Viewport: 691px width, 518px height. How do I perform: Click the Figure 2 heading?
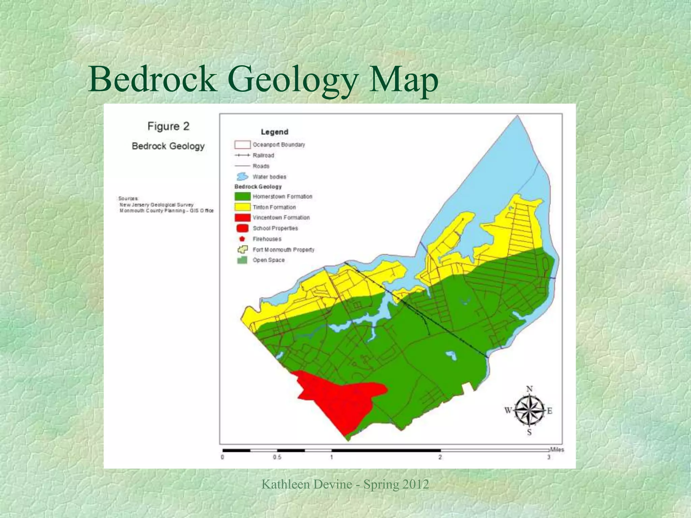point(168,126)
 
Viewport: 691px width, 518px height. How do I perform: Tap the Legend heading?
point(274,132)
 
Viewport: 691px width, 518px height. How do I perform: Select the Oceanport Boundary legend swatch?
point(242,145)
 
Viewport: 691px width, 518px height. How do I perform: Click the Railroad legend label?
point(263,155)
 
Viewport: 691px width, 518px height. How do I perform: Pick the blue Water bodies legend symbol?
point(242,177)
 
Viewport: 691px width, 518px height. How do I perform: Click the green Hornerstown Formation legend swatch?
point(242,197)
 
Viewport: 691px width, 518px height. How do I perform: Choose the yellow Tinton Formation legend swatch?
point(242,207)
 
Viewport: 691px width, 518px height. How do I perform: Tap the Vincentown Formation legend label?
point(281,218)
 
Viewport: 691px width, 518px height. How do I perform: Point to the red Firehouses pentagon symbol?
point(242,239)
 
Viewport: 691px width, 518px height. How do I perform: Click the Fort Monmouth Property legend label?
point(283,250)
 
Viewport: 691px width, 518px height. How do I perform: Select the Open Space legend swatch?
point(242,260)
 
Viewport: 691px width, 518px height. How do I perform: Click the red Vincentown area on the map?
point(341,401)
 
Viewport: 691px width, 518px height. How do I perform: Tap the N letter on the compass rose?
point(529,389)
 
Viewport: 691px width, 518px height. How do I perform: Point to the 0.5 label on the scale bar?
point(277,458)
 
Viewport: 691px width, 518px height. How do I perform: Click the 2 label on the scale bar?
point(440,458)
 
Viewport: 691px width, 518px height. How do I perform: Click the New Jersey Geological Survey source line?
point(157,205)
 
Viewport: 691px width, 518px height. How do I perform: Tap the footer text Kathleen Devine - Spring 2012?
point(345,484)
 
